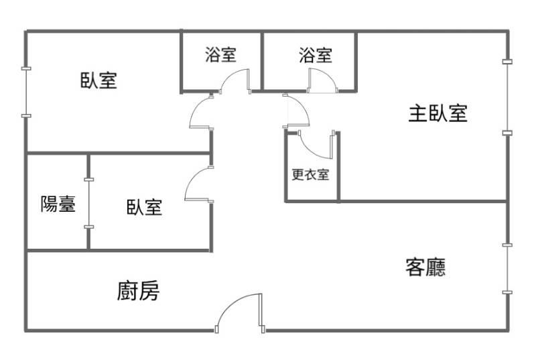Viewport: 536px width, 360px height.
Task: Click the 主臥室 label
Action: coord(438,113)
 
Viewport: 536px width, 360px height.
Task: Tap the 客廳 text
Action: coord(425,267)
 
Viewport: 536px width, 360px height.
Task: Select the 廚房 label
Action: coord(138,291)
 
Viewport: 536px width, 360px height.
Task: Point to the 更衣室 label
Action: coord(310,174)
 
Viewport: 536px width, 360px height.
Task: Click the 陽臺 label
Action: coord(58,204)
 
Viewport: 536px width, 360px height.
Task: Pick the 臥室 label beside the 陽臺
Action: coord(144,207)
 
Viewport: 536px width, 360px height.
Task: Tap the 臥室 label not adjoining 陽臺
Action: coord(98,80)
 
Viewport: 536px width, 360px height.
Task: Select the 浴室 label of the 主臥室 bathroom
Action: coord(315,56)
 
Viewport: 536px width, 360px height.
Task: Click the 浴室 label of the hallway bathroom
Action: coord(221,54)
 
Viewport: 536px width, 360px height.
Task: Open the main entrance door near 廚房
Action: coord(239,313)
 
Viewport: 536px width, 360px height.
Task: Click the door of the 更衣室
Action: coord(316,145)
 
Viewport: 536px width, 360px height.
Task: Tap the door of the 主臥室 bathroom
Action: coord(322,80)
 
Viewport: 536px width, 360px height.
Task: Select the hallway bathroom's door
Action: coord(236,81)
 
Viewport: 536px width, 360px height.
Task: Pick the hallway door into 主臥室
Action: coord(296,111)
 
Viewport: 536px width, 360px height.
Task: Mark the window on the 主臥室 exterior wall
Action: coord(507,97)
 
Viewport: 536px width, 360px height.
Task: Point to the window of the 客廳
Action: coord(507,269)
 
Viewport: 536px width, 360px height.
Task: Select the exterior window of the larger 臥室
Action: coord(26,93)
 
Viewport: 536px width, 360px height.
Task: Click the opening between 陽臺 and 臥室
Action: coord(89,203)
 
